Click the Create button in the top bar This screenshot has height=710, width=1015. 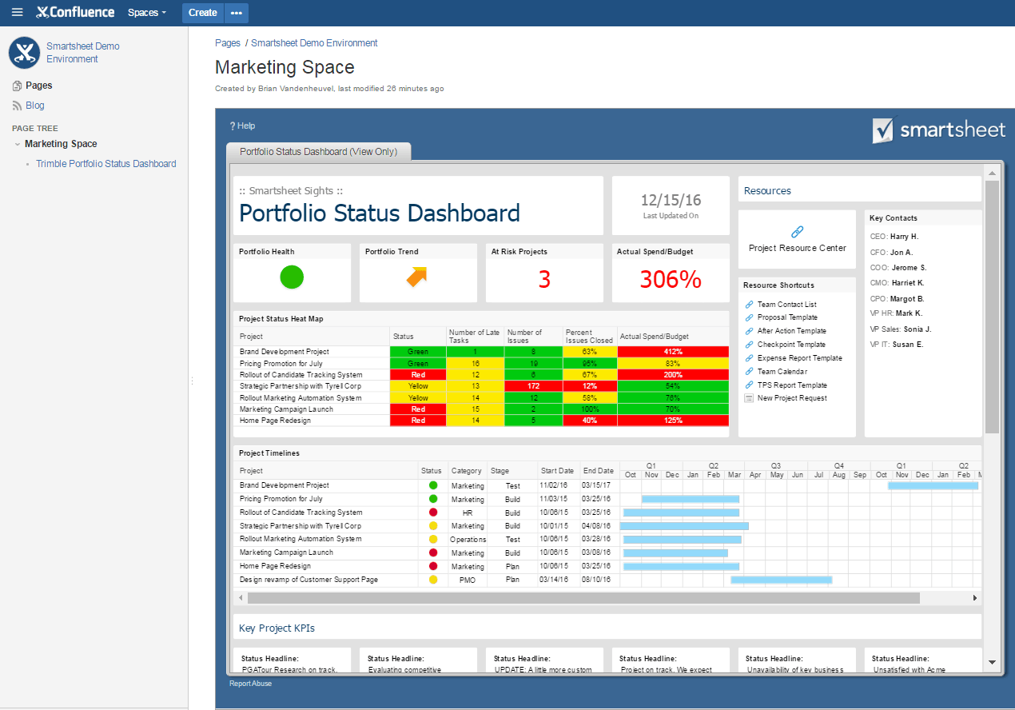click(202, 13)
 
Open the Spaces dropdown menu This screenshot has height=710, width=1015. click(147, 13)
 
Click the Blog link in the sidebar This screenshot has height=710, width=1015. click(35, 106)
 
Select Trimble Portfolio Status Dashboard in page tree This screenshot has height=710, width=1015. click(105, 164)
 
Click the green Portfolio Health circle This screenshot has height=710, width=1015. click(292, 277)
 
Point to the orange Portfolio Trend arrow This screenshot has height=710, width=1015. click(416, 277)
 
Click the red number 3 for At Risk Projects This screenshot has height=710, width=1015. click(544, 280)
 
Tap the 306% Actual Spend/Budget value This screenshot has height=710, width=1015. click(671, 280)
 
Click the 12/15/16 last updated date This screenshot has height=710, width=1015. click(671, 201)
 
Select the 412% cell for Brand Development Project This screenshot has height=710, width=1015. click(673, 352)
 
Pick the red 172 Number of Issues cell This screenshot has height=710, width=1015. click(534, 386)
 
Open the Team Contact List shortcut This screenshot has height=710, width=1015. click(786, 305)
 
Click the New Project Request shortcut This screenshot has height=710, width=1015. click(791, 398)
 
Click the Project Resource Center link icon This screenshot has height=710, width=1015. click(797, 232)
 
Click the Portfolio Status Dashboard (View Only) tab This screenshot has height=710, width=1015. click(318, 152)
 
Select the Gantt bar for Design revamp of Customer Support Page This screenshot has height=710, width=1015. click(781, 580)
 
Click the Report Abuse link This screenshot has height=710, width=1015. click(250, 684)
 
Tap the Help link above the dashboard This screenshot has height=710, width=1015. click(242, 126)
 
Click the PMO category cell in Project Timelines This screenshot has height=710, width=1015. click(468, 580)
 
